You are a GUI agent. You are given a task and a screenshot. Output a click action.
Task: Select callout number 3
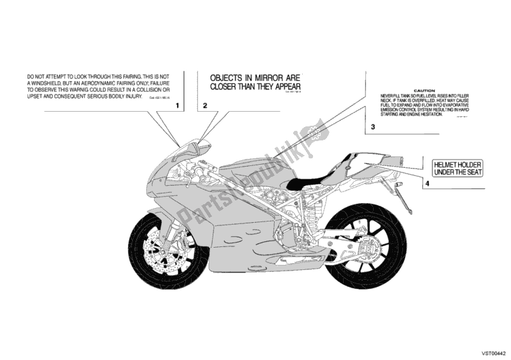coord(372,128)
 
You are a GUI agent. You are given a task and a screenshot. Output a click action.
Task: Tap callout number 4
coord(425,184)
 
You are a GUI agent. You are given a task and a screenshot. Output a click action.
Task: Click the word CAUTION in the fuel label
coord(423,92)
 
